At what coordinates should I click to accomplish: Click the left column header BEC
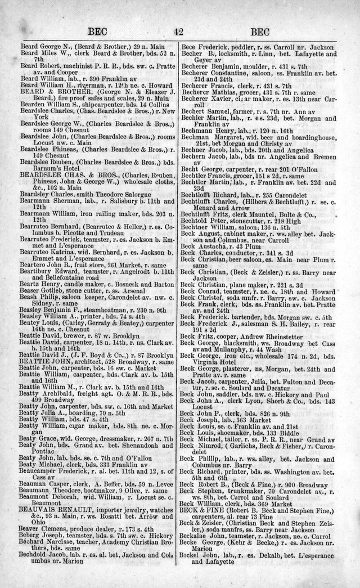(96, 32)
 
